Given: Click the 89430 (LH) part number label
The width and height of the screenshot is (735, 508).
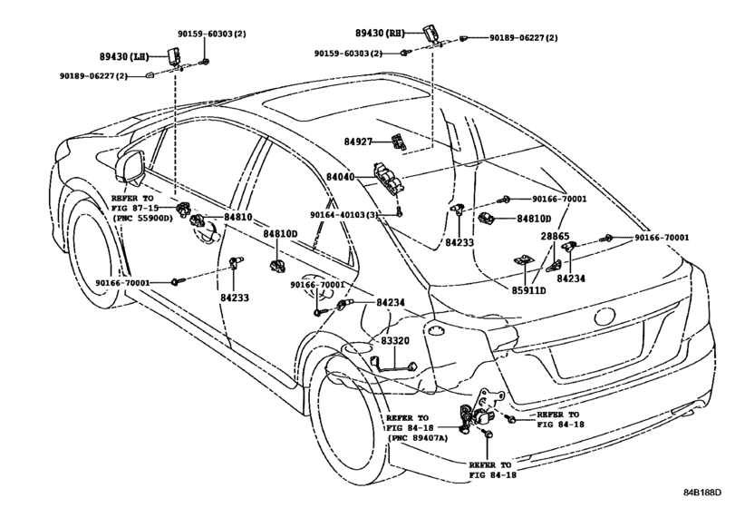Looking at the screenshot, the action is coord(124,57).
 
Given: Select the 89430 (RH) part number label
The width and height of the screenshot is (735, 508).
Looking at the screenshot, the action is coord(380,33).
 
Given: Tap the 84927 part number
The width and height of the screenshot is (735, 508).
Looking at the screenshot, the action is coord(358,142).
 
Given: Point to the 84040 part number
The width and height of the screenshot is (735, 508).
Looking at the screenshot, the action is coord(341,177).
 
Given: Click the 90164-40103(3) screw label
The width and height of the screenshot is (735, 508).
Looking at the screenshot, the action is coord(344,214).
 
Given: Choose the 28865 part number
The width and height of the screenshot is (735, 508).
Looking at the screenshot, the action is coord(555,237).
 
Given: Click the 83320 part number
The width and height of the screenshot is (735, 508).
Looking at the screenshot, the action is coord(394,340).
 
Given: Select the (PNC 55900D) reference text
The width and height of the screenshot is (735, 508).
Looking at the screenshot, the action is coord(142,218).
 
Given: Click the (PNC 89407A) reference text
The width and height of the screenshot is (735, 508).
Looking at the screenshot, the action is coord(418,438).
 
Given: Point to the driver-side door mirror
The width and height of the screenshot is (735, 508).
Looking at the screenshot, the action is coord(131,166).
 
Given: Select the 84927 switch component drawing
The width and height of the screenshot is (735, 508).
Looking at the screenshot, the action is coord(399,142).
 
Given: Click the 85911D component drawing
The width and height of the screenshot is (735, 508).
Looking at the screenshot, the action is coord(522,259).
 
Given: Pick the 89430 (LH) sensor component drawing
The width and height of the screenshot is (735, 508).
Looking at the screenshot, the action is coord(175,56).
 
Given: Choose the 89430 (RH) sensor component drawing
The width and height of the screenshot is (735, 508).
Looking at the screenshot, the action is coord(430,34).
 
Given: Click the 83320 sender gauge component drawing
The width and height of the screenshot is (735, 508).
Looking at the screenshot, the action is coord(394,364).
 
